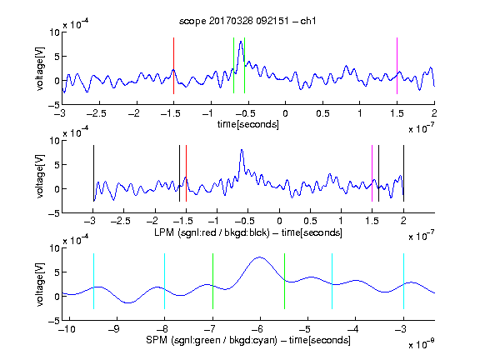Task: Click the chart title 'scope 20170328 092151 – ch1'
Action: [247, 21]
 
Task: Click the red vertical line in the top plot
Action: [173, 66]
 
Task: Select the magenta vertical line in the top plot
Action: [397, 66]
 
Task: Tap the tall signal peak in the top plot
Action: [241, 42]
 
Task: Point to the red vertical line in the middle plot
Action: [186, 173]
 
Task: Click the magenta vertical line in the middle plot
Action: [372, 173]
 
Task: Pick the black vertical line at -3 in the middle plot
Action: [93, 173]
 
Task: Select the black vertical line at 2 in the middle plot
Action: [403, 173]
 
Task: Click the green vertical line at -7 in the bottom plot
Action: [212, 281]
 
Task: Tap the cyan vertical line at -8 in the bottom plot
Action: [164, 281]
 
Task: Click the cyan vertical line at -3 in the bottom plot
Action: [403, 281]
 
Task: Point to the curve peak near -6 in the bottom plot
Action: [260, 257]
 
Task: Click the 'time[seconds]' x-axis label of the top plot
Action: [248, 124]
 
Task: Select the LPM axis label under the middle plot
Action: [248, 232]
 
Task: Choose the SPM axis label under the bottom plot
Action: [248, 340]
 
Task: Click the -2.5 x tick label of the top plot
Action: [97, 113]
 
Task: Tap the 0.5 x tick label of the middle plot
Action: [310, 221]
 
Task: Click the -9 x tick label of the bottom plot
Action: [114, 329]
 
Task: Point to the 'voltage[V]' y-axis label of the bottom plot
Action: [40, 284]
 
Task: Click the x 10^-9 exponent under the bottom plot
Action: [422, 344]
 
